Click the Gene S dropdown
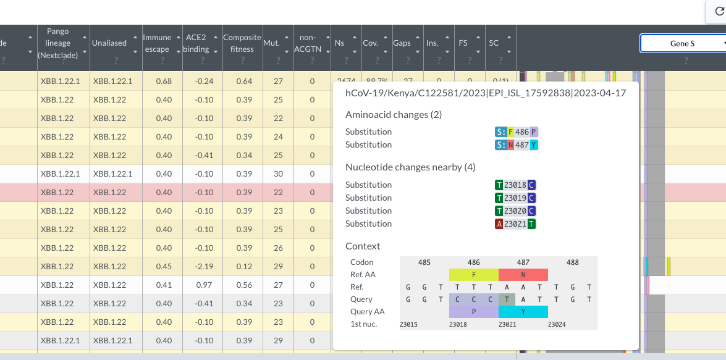(683, 43)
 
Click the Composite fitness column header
(242, 43)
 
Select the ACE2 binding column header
(196, 43)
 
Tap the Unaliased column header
(109, 43)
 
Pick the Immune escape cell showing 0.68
(164, 82)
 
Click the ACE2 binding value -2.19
(196, 267)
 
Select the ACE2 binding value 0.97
(196, 285)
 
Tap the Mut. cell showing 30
(278, 174)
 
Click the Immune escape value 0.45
(164, 267)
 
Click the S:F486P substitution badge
(517, 132)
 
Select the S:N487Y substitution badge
(517, 144)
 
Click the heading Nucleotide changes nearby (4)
(410, 167)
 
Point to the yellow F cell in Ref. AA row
(473, 275)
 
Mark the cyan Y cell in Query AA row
(523, 312)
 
